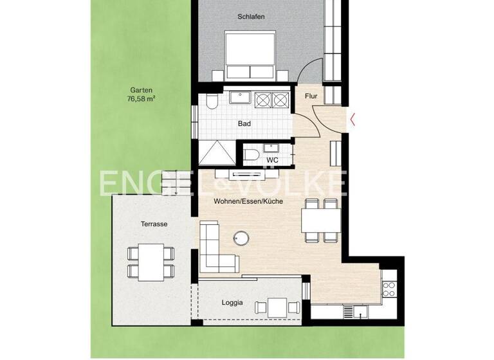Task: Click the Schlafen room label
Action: [x=251, y=16]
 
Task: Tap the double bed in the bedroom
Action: [x=251, y=55]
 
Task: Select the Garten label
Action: [x=141, y=91]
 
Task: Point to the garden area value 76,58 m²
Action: [x=141, y=100]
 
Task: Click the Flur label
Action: [x=311, y=96]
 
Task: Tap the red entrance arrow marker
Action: [x=353, y=118]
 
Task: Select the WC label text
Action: [x=272, y=159]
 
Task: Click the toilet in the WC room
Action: [x=253, y=155]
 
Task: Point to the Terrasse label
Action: [x=154, y=224]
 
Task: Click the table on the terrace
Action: [x=151, y=261]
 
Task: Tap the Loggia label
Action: [x=233, y=303]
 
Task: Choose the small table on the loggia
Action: [x=278, y=307]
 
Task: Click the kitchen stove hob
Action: [x=389, y=289]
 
